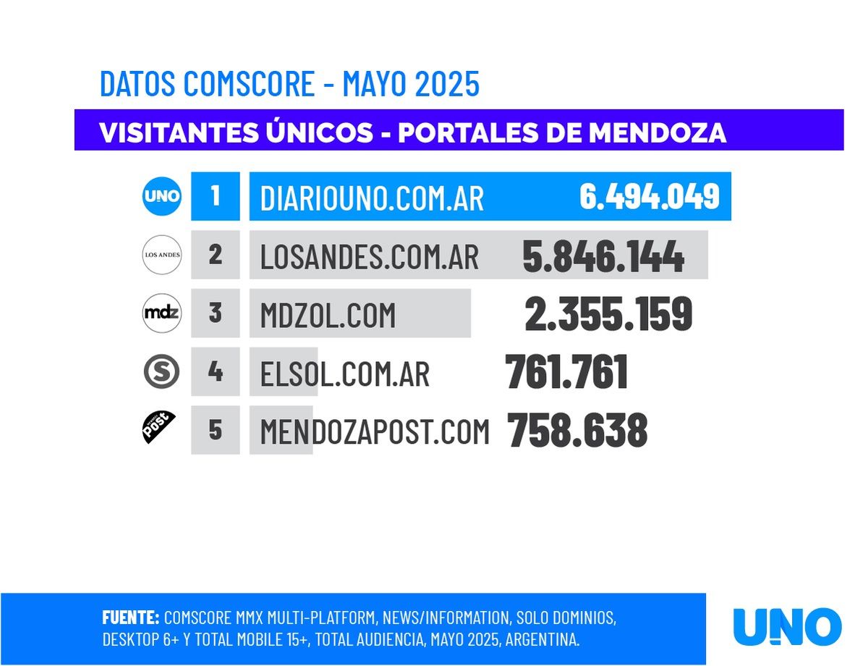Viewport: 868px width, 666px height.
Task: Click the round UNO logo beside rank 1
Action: tap(162, 196)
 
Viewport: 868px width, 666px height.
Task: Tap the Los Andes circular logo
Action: tap(162, 255)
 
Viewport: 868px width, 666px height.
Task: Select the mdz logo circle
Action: tap(162, 313)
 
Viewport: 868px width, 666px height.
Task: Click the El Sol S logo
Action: tap(161, 372)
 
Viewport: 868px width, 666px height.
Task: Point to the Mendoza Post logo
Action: tap(159, 427)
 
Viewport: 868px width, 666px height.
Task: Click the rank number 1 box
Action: tap(215, 196)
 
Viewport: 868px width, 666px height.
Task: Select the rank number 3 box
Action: tap(215, 313)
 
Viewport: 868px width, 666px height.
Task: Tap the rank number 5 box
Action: tap(215, 430)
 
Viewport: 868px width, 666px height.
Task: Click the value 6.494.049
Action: tap(649, 196)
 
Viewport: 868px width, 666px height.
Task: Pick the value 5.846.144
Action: tap(603, 256)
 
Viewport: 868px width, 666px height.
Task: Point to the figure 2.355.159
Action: tap(608, 315)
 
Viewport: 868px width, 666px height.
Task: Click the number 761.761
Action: tap(566, 373)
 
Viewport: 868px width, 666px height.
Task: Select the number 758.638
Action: tap(577, 431)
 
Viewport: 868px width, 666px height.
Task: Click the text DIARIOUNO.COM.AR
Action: tap(372, 198)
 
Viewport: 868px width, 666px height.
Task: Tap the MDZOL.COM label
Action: tap(328, 315)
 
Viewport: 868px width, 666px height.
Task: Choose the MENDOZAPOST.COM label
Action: tap(375, 431)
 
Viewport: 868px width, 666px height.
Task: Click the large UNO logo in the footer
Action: tap(787, 627)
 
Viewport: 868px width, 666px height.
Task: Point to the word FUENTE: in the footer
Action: tap(131, 617)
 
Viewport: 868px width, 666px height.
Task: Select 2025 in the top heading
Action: tap(447, 84)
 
